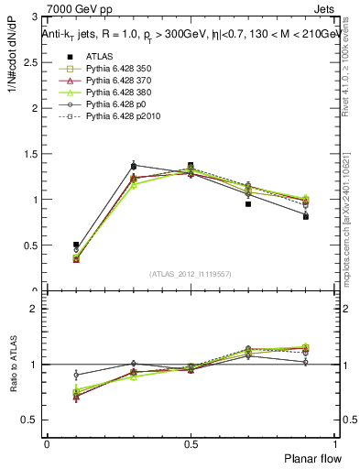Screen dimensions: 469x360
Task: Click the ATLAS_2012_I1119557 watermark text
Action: coord(191,274)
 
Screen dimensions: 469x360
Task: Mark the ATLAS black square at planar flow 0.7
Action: coord(248,230)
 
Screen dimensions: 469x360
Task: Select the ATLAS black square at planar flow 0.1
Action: coord(76,245)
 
